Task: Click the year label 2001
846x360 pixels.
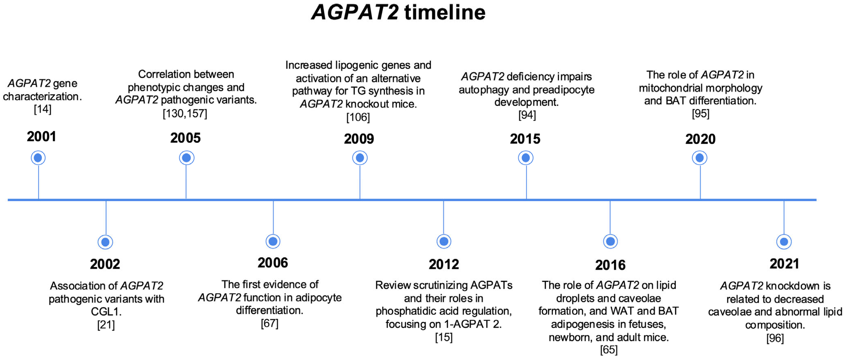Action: pyautogui.click(x=41, y=136)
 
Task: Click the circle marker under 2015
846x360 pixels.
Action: pyautogui.click(x=526, y=158)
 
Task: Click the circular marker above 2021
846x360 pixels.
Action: pyautogui.click(x=784, y=242)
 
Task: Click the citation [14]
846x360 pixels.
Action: pyautogui.click(x=43, y=109)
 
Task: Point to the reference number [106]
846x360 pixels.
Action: pyautogui.click(x=358, y=117)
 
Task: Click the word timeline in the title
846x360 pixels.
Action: pyautogui.click(x=445, y=12)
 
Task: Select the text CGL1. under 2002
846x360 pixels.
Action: pyautogui.click(x=106, y=311)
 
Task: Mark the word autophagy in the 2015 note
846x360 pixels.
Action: pyautogui.click(x=484, y=90)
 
